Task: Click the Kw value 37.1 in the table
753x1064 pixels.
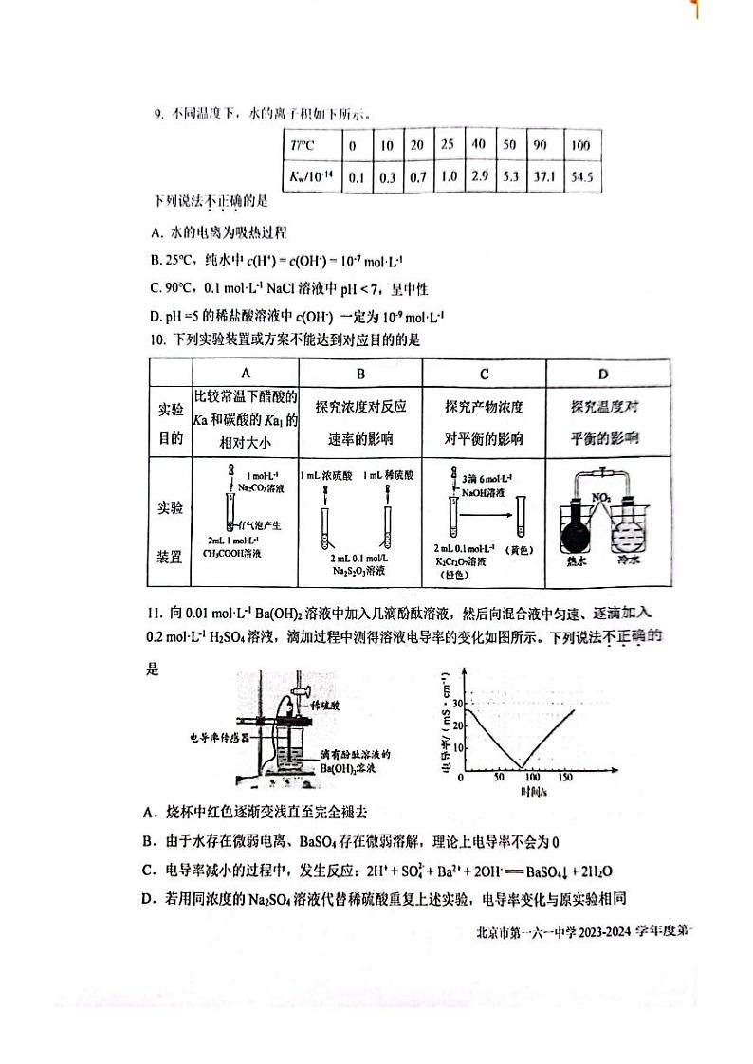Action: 545,176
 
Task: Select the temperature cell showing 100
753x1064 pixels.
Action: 580,146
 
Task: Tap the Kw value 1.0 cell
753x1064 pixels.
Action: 450,176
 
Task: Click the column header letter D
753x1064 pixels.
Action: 604,373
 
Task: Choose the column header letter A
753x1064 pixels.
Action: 246,373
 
